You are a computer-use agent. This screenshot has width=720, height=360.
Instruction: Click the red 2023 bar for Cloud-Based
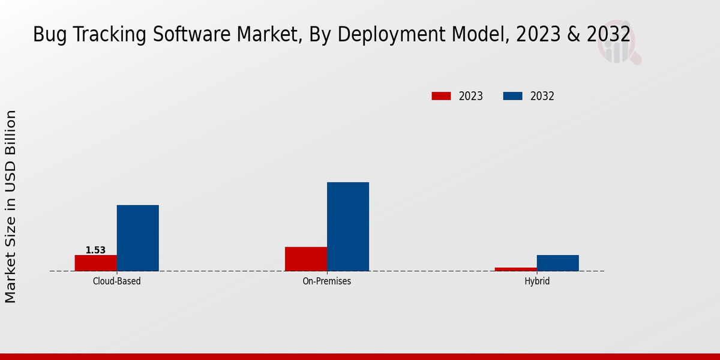[96, 263]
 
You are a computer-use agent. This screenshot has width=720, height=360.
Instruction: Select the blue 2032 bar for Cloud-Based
[138, 238]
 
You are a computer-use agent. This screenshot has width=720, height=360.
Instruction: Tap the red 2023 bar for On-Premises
[306, 259]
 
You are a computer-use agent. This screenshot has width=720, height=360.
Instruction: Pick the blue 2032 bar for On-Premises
[348, 227]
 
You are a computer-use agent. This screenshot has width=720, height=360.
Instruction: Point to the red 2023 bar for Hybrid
[516, 269]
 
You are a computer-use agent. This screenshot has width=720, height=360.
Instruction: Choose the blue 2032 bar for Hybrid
[558, 263]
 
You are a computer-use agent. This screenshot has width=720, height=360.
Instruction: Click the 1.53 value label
[95, 250]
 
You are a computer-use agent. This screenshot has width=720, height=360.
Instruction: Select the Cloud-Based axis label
[117, 281]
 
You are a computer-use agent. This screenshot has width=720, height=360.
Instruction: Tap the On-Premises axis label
[327, 281]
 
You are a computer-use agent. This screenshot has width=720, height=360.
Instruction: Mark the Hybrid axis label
[537, 281]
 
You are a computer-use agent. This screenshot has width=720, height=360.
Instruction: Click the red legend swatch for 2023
[441, 96]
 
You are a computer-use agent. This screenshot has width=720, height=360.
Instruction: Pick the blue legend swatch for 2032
[512, 96]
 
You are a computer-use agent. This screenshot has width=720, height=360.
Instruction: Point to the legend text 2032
[542, 96]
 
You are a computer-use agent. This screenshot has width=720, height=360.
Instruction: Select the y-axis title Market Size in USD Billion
[11, 206]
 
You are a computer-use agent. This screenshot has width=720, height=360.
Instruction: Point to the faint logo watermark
[618, 47]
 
